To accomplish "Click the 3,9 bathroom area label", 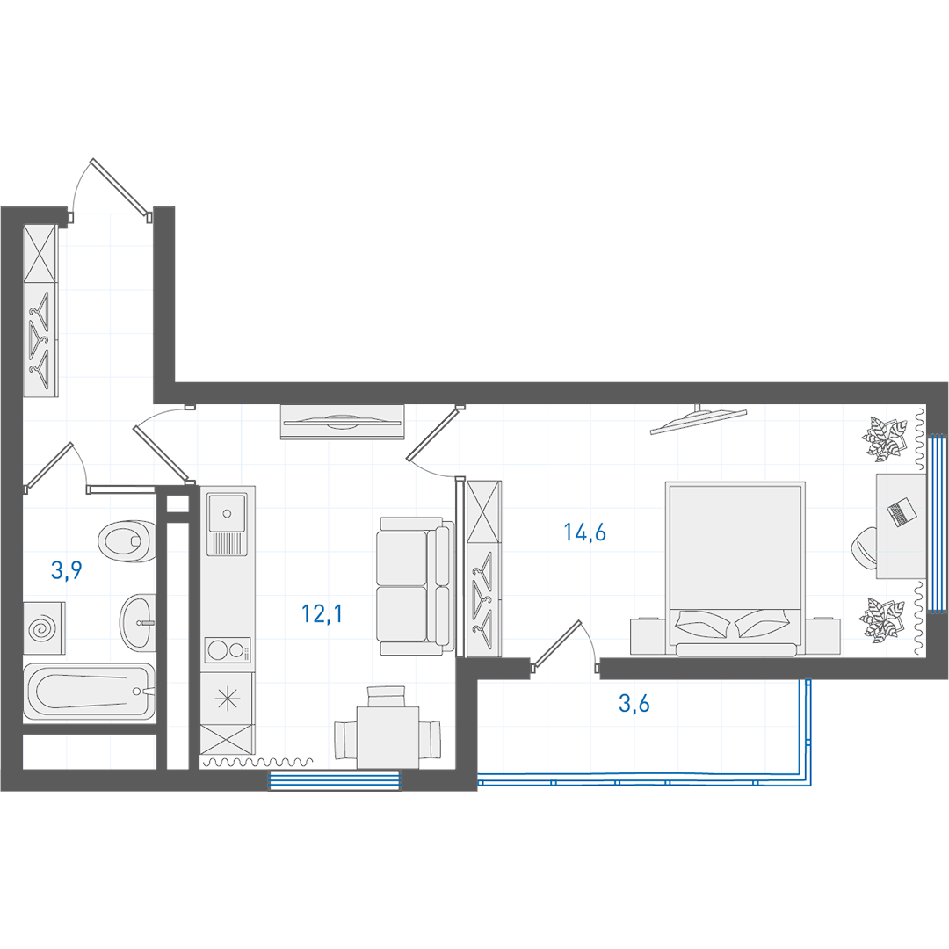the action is tap(67, 570).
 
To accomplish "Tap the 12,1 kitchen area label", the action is tap(322, 614).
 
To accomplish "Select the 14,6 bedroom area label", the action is tap(584, 532).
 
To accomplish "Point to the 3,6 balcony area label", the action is tap(634, 703).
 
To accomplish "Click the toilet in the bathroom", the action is tap(127, 540).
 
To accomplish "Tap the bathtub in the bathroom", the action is tap(89, 692).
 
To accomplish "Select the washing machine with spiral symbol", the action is tap(44, 627).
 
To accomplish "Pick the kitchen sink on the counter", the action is tap(227, 524).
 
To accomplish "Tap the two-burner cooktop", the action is tap(228, 651).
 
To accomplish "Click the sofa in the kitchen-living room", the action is tap(416, 585).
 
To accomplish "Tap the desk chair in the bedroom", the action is tap(865, 547).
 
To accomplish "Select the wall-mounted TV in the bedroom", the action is tap(699, 420).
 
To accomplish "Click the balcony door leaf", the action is tap(556, 643).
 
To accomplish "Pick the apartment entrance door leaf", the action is tap(120, 188).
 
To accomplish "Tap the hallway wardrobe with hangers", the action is tap(40, 311).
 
